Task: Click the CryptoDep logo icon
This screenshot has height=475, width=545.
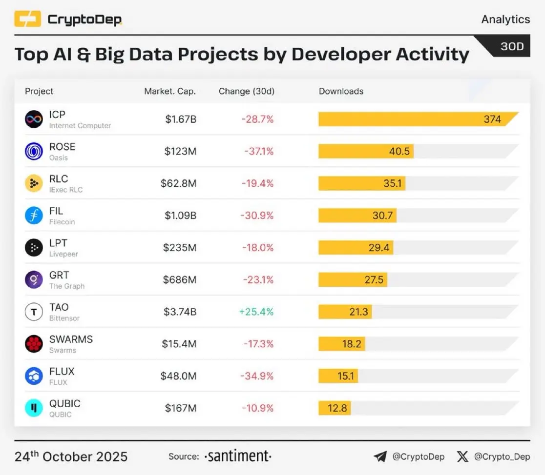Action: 27,20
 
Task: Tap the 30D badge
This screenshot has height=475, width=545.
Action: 511,46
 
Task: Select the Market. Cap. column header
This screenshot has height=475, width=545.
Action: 170,91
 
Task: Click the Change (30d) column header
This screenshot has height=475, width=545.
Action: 246,91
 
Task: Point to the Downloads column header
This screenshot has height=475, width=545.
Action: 341,91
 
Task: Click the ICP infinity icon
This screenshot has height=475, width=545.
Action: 34,119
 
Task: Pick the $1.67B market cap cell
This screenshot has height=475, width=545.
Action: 180,119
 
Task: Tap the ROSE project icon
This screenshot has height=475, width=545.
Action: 34,151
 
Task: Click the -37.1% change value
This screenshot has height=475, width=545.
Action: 259,151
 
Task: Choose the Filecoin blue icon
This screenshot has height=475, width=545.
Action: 34,215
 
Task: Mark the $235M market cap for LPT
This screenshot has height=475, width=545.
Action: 180,248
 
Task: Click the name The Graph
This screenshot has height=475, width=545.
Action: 67,286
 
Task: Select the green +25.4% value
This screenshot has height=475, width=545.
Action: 256,312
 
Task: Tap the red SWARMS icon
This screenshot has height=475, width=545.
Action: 34,344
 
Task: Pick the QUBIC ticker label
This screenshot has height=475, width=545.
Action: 64,403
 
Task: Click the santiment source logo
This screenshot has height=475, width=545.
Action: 237,456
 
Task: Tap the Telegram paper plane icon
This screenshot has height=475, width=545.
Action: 380,456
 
